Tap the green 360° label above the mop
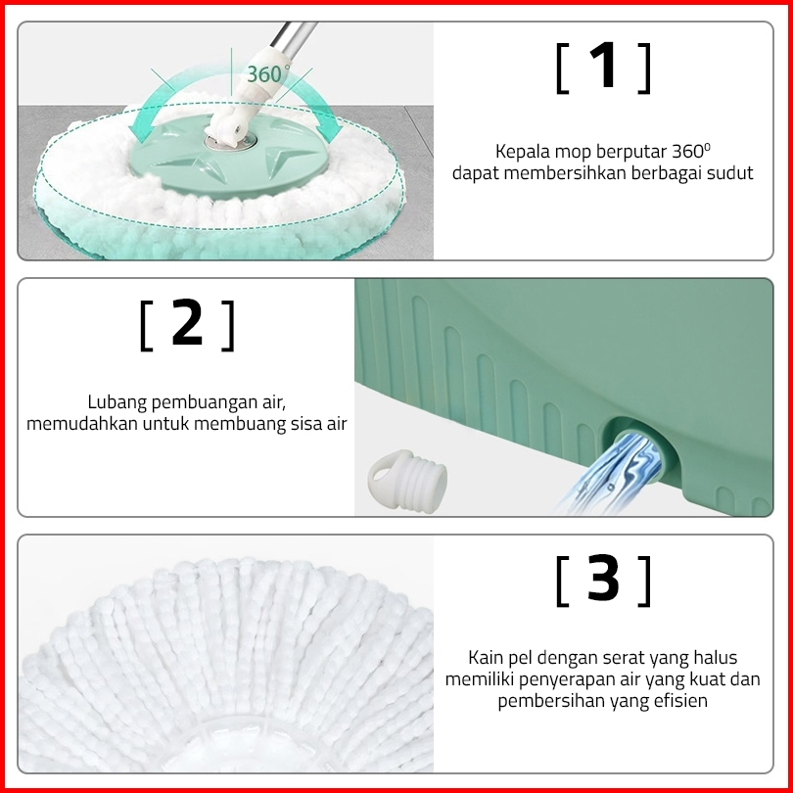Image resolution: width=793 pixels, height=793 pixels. (x=268, y=73)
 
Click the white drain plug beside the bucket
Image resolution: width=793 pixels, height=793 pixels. (x=407, y=481)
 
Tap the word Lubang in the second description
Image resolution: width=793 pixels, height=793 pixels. (x=117, y=403)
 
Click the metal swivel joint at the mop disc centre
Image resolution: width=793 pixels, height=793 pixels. (x=231, y=142)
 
